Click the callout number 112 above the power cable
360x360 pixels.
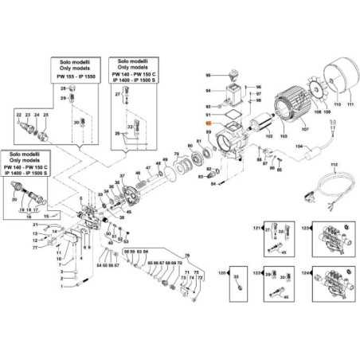coord(334,164)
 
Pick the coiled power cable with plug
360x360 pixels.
coord(327,191)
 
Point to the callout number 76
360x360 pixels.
coord(187,255)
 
